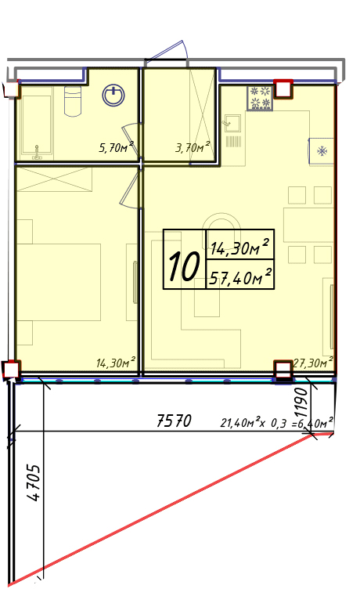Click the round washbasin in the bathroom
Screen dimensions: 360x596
[x=113, y=95]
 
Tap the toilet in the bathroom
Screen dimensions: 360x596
[x=73, y=101]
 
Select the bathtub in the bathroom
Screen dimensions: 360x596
[x=36, y=124]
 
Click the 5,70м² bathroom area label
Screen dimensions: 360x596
[x=116, y=146]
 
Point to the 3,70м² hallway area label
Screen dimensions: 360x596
[x=193, y=146]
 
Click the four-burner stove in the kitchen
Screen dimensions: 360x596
[x=260, y=98]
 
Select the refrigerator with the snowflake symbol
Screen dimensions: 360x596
[x=322, y=151]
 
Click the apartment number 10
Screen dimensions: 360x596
[x=184, y=266]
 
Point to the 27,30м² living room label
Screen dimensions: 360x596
[x=313, y=363]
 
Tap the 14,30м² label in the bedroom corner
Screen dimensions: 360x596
[x=116, y=363]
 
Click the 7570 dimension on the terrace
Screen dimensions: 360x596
[x=174, y=421]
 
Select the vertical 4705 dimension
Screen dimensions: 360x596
[x=34, y=482]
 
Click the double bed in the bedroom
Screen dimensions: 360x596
[x=58, y=282]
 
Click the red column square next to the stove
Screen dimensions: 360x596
[x=283, y=90]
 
